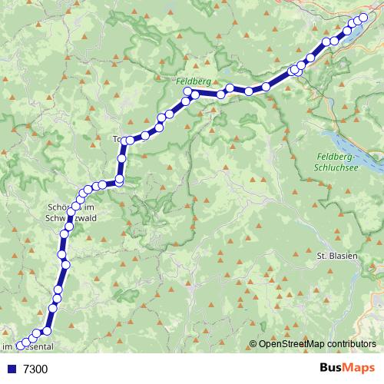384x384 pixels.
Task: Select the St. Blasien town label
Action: click(338, 254)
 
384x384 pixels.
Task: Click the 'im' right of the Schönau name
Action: click(89, 207)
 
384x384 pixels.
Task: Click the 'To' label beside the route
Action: click(118, 140)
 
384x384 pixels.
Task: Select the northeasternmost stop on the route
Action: click(364, 17)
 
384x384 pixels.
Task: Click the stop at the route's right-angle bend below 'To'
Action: click(119, 180)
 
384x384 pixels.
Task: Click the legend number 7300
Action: click(35, 369)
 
